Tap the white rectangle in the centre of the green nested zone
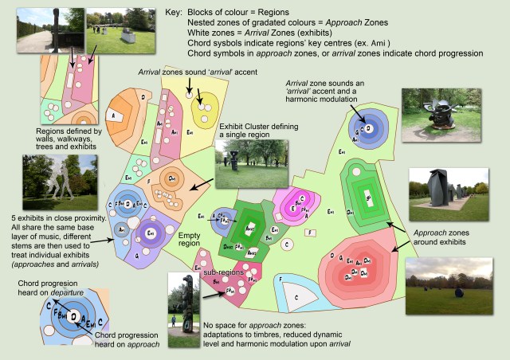pos(367,194)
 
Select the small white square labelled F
pos(312,233)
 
